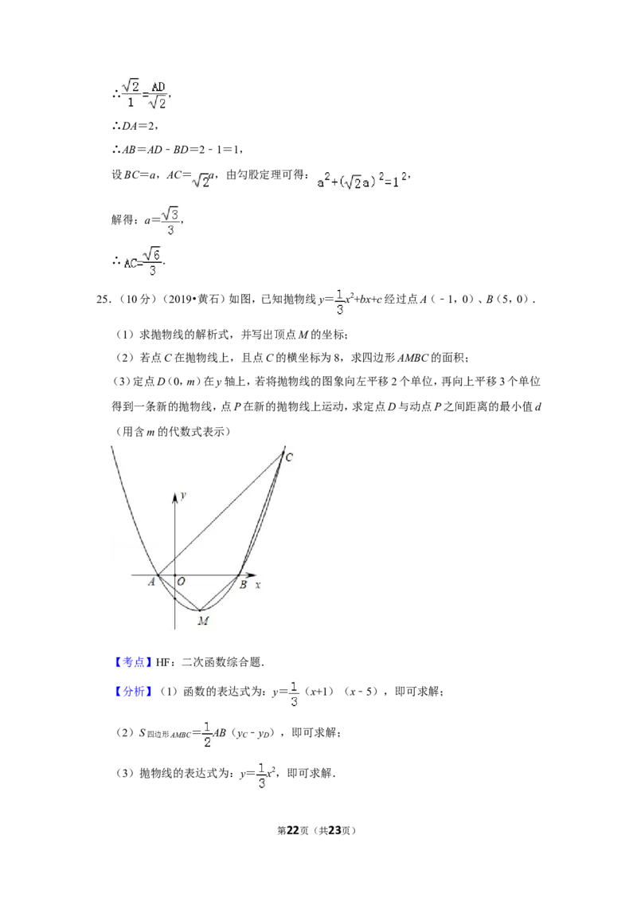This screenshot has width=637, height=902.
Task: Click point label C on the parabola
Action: (x=289, y=457)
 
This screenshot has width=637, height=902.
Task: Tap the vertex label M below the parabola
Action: (x=203, y=621)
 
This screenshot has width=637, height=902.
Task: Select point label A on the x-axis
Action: (x=152, y=582)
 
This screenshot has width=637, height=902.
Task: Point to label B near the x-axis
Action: (x=243, y=584)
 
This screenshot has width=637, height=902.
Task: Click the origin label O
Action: (x=181, y=582)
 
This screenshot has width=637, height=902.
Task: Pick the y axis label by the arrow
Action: (x=183, y=496)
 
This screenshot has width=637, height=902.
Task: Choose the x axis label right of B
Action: (x=258, y=584)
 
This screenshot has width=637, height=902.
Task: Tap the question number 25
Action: (x=103, y=299)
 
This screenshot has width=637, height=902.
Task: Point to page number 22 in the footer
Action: (x=293, y=830)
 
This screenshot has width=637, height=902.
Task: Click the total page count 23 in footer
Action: (x=334, y=830)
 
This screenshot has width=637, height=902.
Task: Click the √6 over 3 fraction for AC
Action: (x=152, y=261)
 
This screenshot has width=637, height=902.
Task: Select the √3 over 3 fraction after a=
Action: (x=170, y=221)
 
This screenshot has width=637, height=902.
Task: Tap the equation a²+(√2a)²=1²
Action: (x=362, y=180)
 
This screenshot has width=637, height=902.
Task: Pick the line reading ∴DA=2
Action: (x=135, y=126)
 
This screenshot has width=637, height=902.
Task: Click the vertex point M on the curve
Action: (x=200, y=610)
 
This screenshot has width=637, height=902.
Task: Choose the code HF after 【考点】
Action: (x=162, y=663)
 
